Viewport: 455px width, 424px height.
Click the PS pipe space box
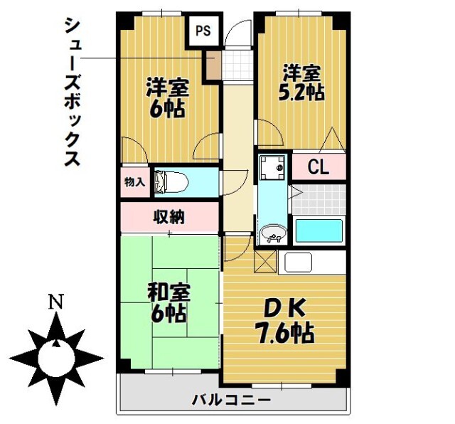click(204, 31)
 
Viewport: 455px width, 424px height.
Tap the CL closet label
click(318, 168)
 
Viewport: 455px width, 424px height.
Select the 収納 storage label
click(169, 217)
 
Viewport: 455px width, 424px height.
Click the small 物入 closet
click(134, 182)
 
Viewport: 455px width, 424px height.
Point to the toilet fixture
click(171, 182)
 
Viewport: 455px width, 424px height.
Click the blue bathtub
click(318, 231)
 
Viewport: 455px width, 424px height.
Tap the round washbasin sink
click(272, 233)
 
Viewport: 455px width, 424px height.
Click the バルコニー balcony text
click(231, 400)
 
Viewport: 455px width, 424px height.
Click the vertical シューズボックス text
click(72, 92)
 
